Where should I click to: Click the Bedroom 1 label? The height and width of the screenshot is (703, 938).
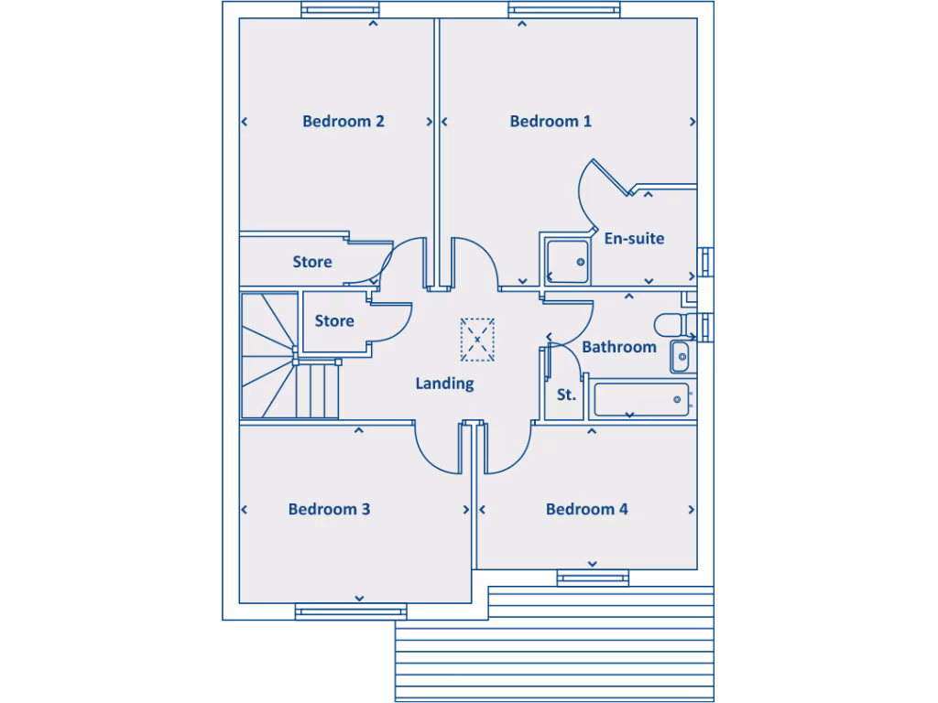[551, 121]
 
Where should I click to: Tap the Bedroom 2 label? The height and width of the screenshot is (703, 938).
[344, 121]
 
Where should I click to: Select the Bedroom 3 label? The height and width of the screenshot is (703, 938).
[329, 509]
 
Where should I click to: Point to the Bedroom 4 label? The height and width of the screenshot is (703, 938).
[586, 509]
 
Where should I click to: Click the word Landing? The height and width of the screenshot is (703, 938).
[444, 384]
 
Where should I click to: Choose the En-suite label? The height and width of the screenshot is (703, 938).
[634, 238]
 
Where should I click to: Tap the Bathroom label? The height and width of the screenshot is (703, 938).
[619, 347]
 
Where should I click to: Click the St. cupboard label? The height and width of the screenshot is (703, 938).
[566, 395]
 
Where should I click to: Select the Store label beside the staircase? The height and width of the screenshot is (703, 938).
[334, 321]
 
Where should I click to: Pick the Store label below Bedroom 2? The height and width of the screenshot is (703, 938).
[312, 262]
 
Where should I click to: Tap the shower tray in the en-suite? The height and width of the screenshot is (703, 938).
[567, 261]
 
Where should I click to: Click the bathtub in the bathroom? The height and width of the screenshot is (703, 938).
[641, 399]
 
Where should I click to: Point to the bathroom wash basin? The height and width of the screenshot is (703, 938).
[681, 356]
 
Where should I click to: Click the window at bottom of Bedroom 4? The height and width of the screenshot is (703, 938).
[593, 577]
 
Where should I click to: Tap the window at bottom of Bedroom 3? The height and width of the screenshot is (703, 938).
[351, 611]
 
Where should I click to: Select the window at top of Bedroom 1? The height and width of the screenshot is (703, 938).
[548, 11]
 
